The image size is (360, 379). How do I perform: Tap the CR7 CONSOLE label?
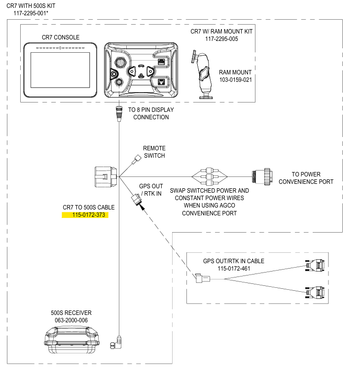(61, 37)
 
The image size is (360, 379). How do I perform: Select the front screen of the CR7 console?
(60, 73)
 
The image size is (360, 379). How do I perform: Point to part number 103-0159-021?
(235, 79)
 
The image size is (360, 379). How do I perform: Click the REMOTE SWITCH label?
(154, 152)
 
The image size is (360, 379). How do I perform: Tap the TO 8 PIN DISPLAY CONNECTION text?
(151, 113)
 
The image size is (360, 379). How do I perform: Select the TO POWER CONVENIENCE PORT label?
(306, 178)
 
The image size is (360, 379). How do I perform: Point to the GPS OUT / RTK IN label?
(150, 190)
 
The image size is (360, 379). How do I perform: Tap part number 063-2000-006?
(71, 320)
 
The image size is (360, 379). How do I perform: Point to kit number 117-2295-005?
(221, 38)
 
